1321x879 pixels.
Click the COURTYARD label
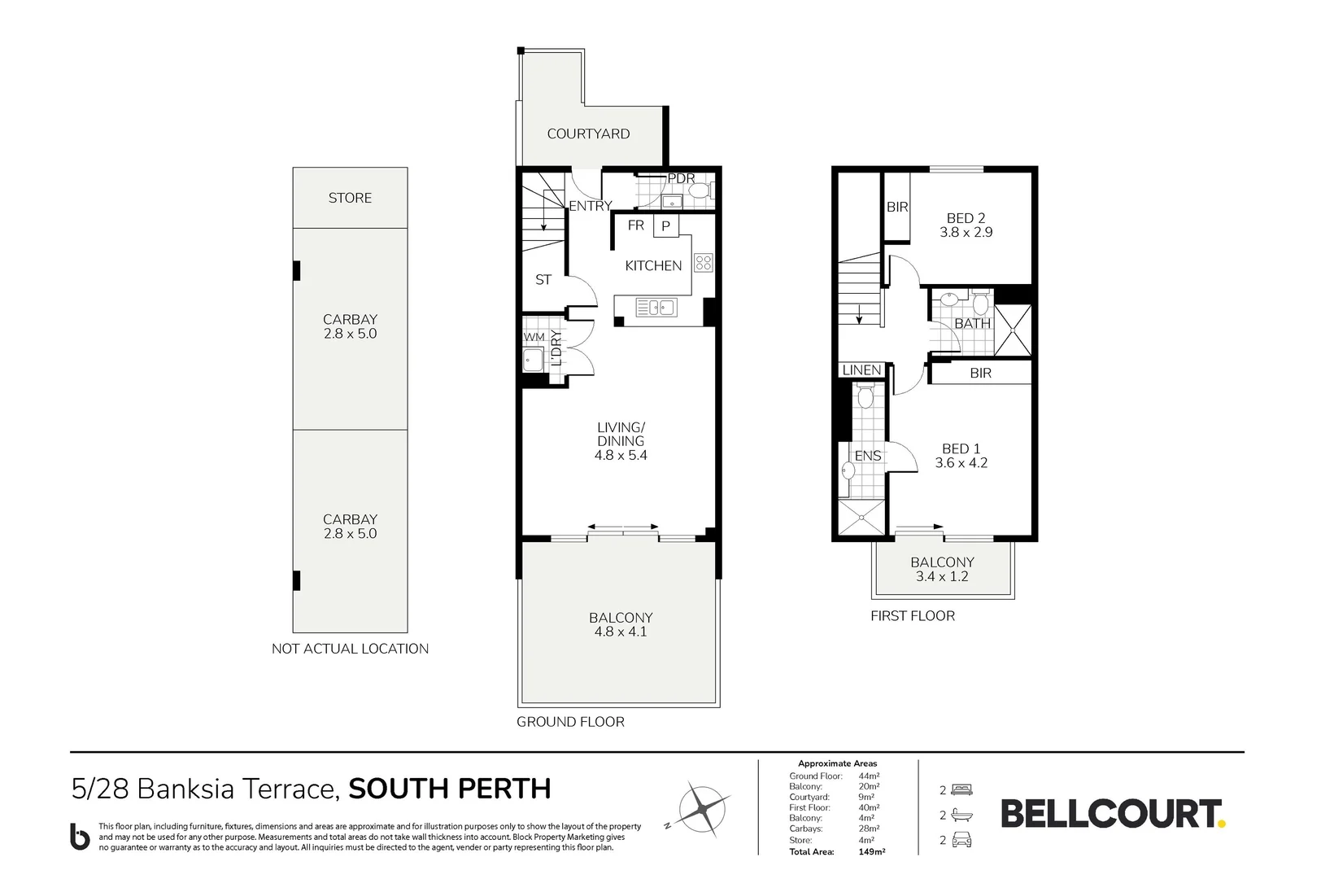coord(588,133)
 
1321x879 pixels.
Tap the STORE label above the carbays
coord(350,198)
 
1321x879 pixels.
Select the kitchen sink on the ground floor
coord(656,308)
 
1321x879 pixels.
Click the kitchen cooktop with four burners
coord(704,262)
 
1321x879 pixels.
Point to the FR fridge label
coord(635,225)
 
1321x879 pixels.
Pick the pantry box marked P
coord(665,226)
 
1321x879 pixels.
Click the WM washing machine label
coord(534,337)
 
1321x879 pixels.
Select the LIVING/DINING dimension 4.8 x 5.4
coord(621,455)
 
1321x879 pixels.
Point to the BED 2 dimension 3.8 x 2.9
coord(966,232)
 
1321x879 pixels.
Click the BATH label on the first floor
coord(972,323)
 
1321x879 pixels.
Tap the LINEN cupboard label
coord(861,370)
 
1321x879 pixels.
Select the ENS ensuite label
coord(867,456)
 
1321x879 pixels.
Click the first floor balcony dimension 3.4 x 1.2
coord(942,576)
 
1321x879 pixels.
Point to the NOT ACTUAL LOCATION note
coord(350,649)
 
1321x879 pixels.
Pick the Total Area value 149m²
coord(872,851)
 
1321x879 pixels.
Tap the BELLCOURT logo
coord(1112,814)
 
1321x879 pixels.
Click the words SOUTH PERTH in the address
coord(449,789)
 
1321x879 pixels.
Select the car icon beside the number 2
coord(961,840)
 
